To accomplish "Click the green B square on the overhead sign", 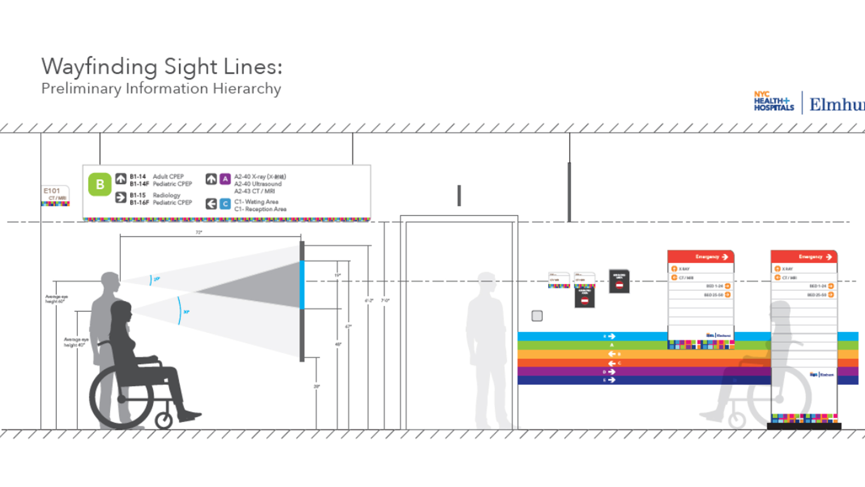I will click(100, 184).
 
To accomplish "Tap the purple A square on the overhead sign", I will click(225, 179).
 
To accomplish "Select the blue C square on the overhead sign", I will click(225, 204).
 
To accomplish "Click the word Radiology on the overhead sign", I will click(166, 195).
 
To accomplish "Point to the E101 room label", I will click(52, 191).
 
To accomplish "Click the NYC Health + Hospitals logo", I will click(774, 102).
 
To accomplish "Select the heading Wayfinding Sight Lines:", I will click(162, 67).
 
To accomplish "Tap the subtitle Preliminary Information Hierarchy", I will click(161, 88).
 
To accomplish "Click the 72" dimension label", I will click(199, 232).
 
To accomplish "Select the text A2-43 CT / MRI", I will click(254, 191).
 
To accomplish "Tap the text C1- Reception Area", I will click(260, 209).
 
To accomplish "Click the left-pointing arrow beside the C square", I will click(211, 204).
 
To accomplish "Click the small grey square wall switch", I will click(537, 316).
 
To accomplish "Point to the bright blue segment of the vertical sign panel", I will click(302, 285).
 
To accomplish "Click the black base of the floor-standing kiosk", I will click(804, 426).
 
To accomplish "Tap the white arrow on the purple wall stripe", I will click(611, 372).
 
